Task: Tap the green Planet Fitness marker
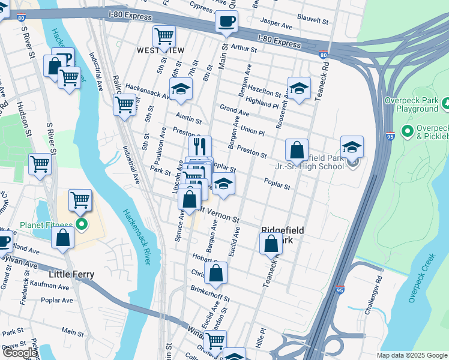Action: click(81, 226)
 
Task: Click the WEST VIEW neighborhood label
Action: click(160, 50)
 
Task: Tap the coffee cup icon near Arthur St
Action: click(227, 23)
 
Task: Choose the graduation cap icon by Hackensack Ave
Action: click(180, 90)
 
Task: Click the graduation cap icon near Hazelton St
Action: click(299, 88)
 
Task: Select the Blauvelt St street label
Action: click(313, 21)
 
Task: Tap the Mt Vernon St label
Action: click(220, 215)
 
